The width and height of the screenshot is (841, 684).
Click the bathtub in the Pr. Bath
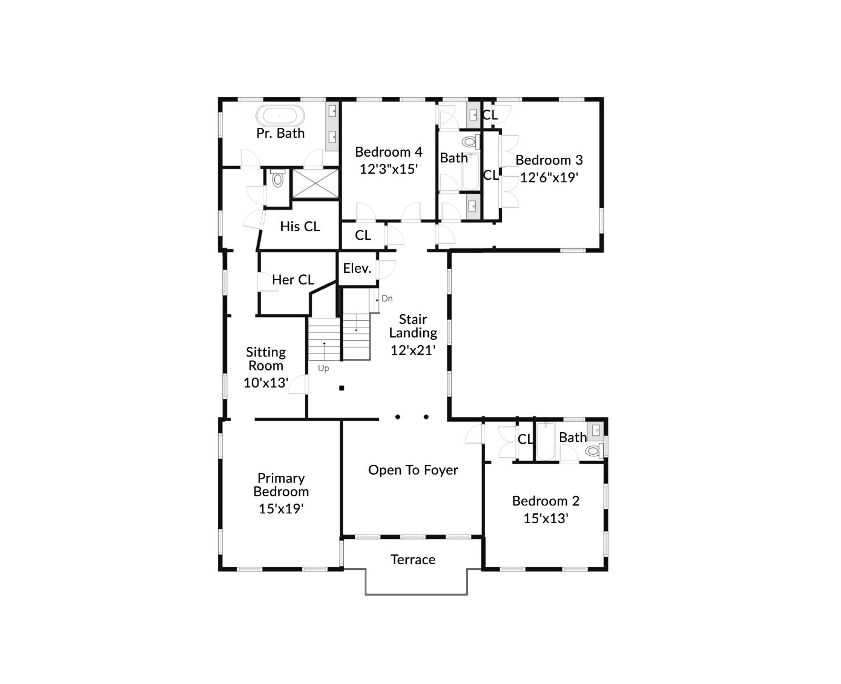click(x=280, y=115)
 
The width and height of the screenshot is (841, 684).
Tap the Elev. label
click(x=357, y=268)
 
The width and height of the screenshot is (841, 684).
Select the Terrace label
click(x=413, y=559)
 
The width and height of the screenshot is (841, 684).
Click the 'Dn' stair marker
click(x=387, y=299)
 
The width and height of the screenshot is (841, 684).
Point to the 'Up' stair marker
click(x=323, y=369)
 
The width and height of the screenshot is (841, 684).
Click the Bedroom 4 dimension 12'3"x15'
click(x=388, y=169)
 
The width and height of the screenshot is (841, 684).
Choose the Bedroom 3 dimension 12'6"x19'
click(x=549, y=178)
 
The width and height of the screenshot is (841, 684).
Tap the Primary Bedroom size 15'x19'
click(x=281, y=509)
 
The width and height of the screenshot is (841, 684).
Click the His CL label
click(x=300, y=227)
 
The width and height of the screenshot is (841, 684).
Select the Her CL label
click(x=293, y=280)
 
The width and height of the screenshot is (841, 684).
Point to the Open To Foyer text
click(x=413, y=470)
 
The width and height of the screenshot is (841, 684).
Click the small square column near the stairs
click(x=342, y=388)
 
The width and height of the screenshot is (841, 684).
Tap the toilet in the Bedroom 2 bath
click(x=593, y=451)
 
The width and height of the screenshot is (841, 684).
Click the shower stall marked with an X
click(x=315, y=183)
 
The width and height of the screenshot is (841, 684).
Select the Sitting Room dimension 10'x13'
click(x=266, y=383)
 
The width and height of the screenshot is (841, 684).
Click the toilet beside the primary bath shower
click(x=278, y=179)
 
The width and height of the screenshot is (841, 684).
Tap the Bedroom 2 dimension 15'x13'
click(x=546, y=518)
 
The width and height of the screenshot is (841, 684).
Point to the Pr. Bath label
click(x=280, y=134)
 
